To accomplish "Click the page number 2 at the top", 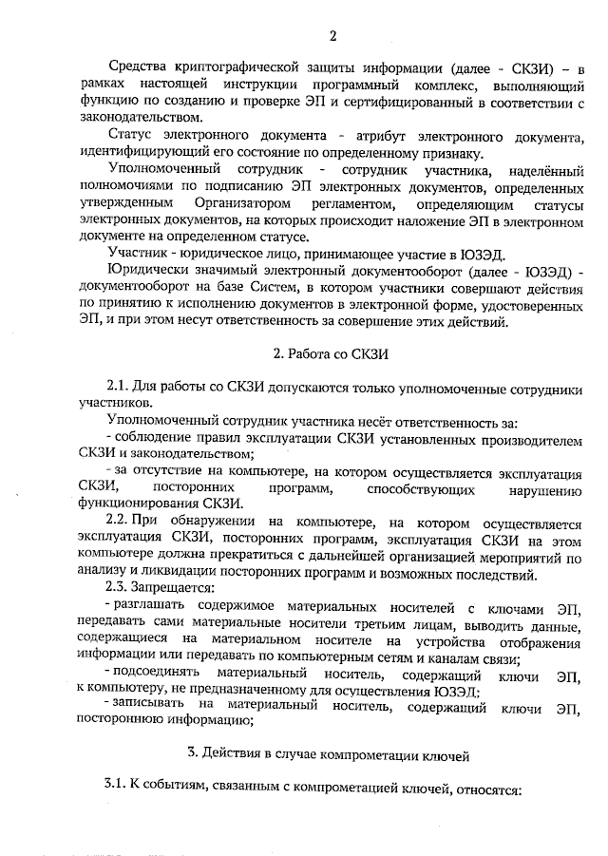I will [x=332, y=37].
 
